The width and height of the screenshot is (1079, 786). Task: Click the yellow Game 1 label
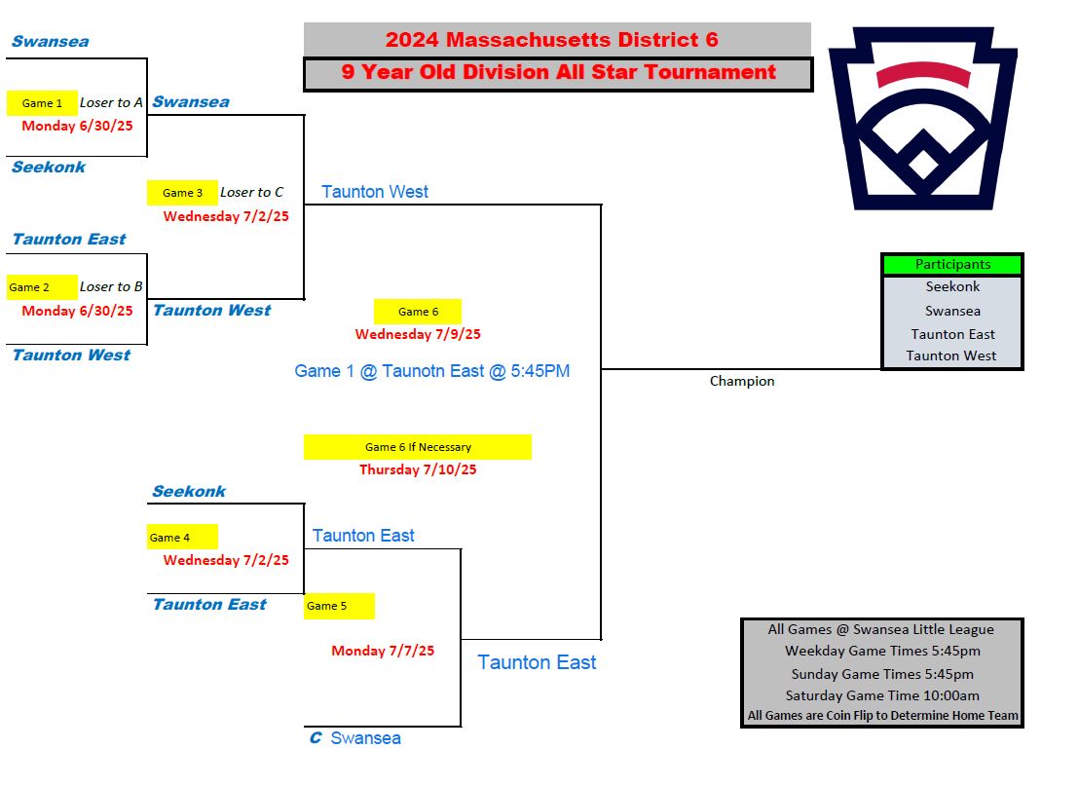[42, 103]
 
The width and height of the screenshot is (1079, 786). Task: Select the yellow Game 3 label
[182, 193]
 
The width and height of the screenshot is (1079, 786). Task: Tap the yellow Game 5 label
[339, 606]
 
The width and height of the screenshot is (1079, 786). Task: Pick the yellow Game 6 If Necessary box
[418, 447]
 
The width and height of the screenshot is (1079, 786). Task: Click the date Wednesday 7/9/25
[418, 334]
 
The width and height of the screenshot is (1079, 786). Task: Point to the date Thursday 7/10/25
[418, 469]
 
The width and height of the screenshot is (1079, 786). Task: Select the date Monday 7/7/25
[383, 651]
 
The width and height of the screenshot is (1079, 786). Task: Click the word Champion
[742, 381]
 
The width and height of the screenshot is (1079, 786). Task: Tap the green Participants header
[952, 264]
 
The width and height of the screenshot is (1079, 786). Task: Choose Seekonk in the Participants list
[952, 286]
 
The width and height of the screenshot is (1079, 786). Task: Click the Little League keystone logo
[923, 119]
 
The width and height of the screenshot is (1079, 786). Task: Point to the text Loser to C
[252, 193]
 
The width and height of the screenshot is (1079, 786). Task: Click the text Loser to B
[111, 286]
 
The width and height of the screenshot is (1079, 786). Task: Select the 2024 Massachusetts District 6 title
[552, 40]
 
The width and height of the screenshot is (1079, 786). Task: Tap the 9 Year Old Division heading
[559, 72]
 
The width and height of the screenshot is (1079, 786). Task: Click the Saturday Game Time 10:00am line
[882, 695]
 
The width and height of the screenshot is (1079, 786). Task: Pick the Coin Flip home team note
[882, 715]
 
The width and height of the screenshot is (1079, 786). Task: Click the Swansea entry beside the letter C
[365, 738]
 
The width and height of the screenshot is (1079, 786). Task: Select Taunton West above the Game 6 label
[375, 191]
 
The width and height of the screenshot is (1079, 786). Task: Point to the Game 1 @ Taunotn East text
[432, 371]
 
